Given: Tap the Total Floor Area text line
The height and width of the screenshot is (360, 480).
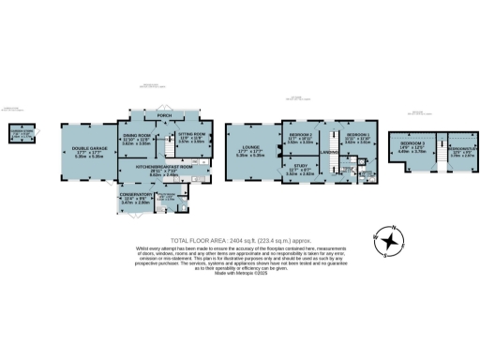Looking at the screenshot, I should (240, 240).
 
